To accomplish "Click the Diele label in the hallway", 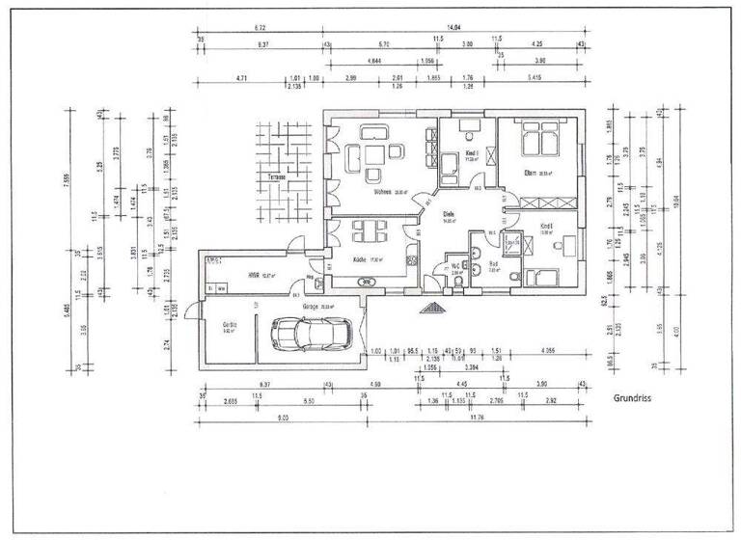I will (x=448, y=213).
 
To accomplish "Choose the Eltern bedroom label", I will (x=530, y=174).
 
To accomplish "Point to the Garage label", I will (x=311, y=306).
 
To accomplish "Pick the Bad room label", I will (x=492, y=263).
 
